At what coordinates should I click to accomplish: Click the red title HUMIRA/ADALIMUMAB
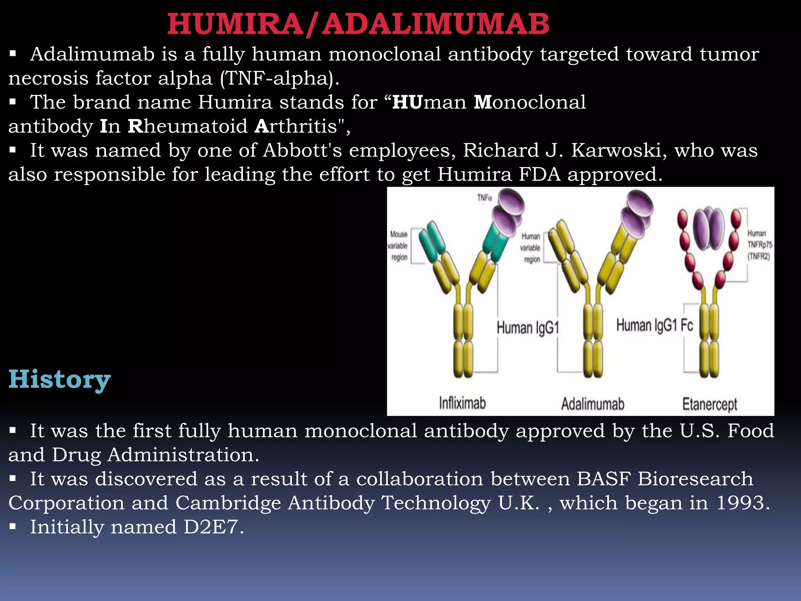[358, 24]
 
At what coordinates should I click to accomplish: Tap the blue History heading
[59, 379]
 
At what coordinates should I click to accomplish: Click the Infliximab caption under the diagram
[462, 403]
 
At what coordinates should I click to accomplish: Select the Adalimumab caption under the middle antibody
[593, 404]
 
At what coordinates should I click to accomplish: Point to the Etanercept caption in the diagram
[709, 404]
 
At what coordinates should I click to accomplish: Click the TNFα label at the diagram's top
[484, 198]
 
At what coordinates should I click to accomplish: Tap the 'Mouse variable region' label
[398, 246]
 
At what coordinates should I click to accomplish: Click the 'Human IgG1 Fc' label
[654, 325]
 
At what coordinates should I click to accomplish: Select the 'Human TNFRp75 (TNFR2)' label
[759, 245]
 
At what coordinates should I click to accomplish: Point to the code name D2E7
[211, 527]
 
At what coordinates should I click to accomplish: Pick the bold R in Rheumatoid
[135, 126]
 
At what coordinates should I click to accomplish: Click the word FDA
[539, 175]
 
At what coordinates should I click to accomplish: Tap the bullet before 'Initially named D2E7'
[13, 527]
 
